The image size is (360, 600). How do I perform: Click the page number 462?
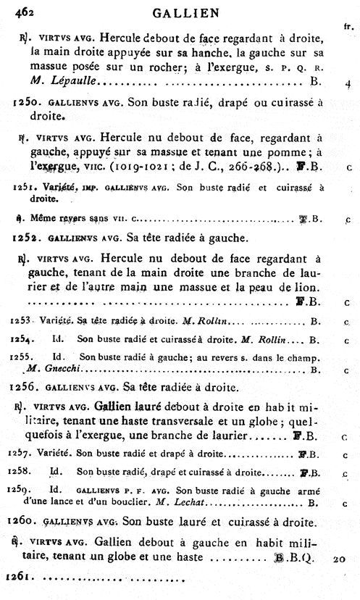coord(16,10)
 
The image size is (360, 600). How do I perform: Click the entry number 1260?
coord(30,520)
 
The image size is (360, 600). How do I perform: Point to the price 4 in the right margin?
coord(348,83)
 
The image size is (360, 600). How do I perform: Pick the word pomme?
coord(295,152)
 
